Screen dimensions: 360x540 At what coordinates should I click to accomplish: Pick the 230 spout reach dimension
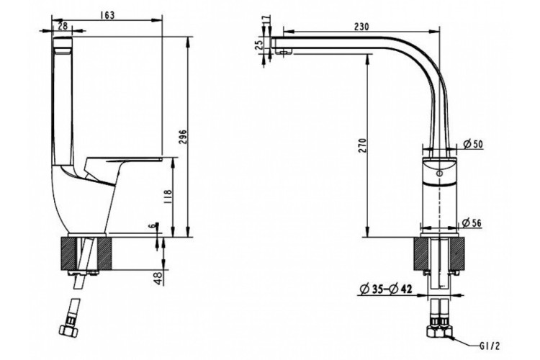[x=361, y=26]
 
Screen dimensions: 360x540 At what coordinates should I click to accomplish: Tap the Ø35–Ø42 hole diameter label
[x=387, y=291]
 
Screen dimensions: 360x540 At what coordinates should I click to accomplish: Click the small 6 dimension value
[x=150, y=227]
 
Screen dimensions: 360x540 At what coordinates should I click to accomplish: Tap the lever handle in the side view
[x=130, y=159]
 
